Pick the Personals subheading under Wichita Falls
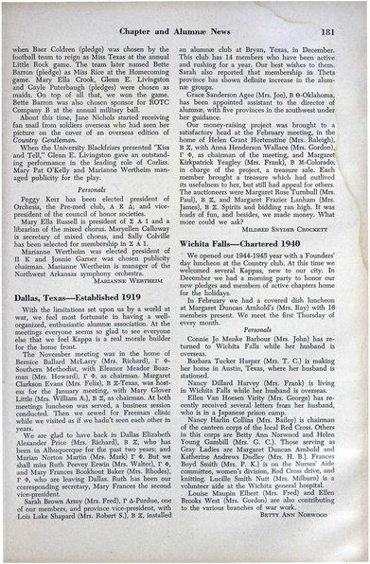[x=272, y=303]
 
